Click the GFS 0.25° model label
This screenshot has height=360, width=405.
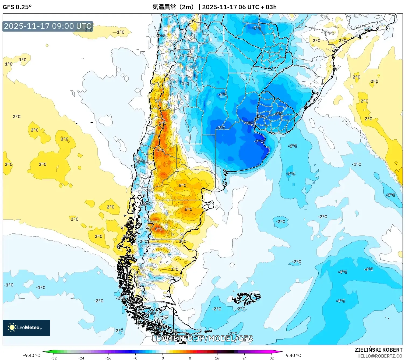pos(17,7)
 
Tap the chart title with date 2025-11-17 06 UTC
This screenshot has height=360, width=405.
pos(214,7)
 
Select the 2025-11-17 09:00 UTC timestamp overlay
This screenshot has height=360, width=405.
pos(48,26)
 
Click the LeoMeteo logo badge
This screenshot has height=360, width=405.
pos(26,327)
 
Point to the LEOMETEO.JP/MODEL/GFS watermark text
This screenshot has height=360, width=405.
pos(202,338)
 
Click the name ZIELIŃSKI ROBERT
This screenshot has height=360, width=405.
pos(378,350)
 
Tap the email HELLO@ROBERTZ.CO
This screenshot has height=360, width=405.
pos(380,356)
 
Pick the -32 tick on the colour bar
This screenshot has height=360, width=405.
pos(54,358)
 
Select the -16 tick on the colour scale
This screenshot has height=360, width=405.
pos(108,358)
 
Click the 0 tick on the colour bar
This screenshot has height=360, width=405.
pos(163,358)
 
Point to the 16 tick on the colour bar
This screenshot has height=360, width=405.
pos(217,358)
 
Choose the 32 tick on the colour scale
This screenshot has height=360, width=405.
pos(272,358)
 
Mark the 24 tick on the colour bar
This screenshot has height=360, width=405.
pos(244,358)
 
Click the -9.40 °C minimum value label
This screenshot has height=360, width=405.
pos(31,355)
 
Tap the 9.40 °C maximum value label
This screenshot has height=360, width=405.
pos(293,355)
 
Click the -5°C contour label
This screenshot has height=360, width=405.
pos(256,28)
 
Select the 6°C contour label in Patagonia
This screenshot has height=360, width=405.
pos(188,209)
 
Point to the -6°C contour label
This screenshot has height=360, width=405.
pos(223,94)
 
